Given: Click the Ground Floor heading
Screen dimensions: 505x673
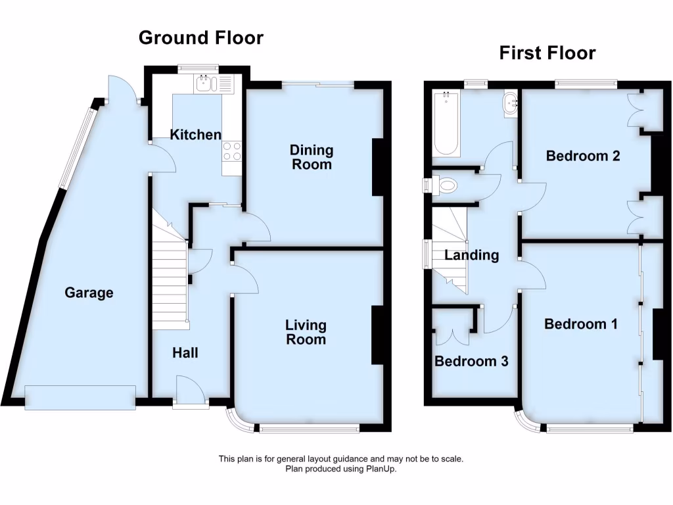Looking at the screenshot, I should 200,38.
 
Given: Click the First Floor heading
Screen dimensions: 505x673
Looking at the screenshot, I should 547,53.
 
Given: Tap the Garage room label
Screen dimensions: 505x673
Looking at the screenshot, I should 89,293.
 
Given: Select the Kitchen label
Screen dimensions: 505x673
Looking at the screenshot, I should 196,135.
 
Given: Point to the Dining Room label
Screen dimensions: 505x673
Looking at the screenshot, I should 312,158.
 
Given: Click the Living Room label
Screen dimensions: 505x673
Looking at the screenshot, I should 306,332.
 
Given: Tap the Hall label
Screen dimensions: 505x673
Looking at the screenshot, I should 185,353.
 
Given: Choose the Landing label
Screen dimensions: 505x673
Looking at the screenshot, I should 471,255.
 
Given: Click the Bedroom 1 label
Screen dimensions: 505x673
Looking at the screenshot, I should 580,324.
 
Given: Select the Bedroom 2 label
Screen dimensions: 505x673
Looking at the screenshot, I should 583,156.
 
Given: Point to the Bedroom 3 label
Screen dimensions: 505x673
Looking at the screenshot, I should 471,362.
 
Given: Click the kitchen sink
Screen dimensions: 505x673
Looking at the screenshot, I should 206,83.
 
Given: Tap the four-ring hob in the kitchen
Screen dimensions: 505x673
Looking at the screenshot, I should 232,151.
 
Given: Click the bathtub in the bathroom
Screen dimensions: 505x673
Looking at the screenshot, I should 446,125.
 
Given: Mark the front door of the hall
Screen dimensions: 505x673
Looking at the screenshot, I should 191,391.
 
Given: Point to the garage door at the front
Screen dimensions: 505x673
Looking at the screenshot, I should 80,398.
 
